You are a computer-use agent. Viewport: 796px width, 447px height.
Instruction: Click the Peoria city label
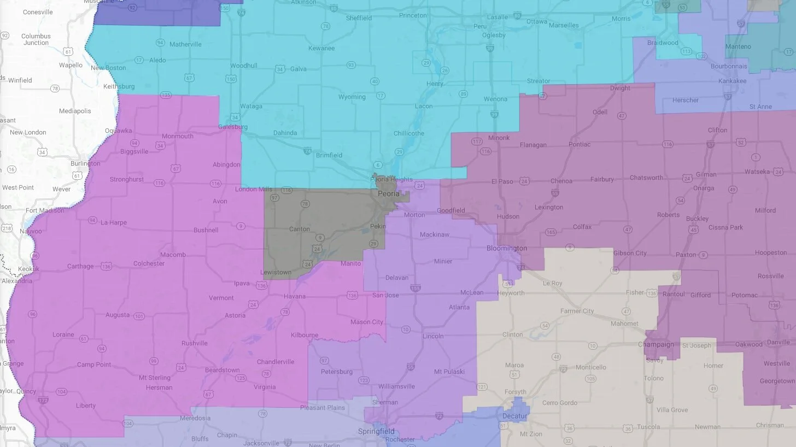(x=389, y=194)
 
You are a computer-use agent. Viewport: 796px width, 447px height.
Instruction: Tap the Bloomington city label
(x=507, y=249)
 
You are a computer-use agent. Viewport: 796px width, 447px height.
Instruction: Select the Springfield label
(x=376, y=432)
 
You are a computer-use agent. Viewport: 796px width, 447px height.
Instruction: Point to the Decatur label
(x=514, y=416)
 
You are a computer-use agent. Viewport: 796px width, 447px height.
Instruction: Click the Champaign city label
(x=656, y=345)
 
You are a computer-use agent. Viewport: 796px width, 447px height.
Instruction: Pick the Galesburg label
(x=233, y=127)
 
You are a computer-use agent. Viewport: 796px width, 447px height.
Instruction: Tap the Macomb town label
(x=173, y=255)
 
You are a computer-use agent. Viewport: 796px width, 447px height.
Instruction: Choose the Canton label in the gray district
(x=299, y=229)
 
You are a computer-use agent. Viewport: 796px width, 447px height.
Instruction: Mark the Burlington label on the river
(x=85, y=163)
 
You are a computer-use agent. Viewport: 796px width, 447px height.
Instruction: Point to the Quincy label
(x=26, y=391)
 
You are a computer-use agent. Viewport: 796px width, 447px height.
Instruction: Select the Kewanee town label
(x=320, y=48)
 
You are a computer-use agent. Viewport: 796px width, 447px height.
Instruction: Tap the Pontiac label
(x=580, y=145)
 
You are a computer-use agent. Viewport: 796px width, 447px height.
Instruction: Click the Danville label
(x=778, y=343)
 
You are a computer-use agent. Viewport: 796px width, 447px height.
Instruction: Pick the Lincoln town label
(x=433, y=336)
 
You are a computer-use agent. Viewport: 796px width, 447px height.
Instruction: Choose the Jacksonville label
(x=261, y=443)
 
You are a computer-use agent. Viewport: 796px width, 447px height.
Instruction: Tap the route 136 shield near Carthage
(x=106, y=267)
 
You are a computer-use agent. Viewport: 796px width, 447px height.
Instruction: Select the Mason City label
(x=367, y=322)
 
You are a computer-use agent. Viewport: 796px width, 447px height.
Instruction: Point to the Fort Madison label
(x=45, y=210)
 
